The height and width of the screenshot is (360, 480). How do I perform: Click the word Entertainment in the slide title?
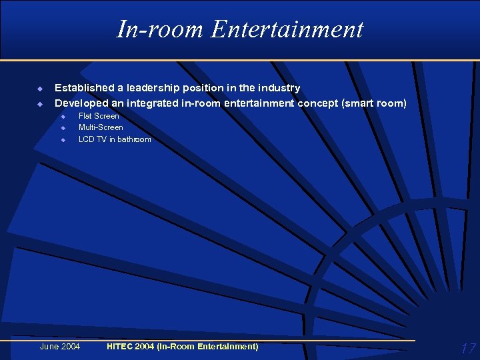[x=288, y=29]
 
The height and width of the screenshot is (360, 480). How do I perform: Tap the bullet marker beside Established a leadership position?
[x=39, y=89]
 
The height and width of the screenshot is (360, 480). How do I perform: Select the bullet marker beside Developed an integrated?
[x=39, y=104]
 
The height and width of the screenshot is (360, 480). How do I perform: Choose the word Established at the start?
[x=83, y=88]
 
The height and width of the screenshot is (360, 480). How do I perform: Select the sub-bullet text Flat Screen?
[x=99, y=116]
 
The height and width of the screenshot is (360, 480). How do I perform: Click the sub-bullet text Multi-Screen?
[x=101, y=127]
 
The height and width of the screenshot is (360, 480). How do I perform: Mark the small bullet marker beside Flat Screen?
[x=63, y=117]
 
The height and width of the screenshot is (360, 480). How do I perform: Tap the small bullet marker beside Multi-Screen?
[x=63, y=128]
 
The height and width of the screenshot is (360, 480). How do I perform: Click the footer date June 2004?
[x=60, y=347]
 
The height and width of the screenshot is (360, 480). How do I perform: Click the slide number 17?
[x=468, y=348]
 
